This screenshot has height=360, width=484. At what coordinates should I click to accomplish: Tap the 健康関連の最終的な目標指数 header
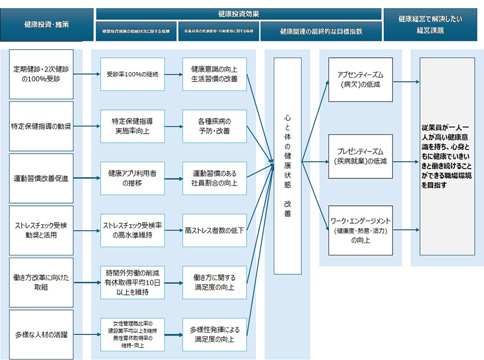pyautogui.click(x=321, y=32)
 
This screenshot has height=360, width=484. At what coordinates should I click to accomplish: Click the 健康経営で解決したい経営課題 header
pyautogui.click(x=430, y=24)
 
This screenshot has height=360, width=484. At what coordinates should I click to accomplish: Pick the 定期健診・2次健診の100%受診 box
pyautogui.click(x=41, y=74)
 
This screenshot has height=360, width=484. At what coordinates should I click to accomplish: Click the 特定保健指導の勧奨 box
pyautogui.click(x=41, y=126)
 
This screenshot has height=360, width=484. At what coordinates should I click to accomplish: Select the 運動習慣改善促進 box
pyautogui.click(x=41, y=178)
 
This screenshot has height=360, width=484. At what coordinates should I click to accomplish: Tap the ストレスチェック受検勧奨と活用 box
pyautogui.click(x=41, y=230)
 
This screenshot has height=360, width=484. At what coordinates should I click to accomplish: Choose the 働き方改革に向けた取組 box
pyautogui.click(x=41, y=282)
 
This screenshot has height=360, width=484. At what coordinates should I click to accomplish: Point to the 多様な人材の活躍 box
pyautogui.click(x=41, y=334)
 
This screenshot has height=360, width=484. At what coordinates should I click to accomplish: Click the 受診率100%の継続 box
pyautogui.click(x=132, y=74)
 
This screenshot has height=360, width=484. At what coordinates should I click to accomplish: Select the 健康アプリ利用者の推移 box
pyautogui.click(x=132, y=178)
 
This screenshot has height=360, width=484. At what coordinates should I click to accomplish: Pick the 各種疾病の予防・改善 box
pyautogui.click(x=214, y=126)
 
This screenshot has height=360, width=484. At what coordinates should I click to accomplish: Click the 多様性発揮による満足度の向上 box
pyautogui.click(x=214, y=334)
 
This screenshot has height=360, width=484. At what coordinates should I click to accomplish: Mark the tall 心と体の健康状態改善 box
pyautogui.click(x=287, y=166)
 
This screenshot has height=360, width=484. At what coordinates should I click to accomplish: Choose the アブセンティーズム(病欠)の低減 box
pyautogui.click(x=361, y=80)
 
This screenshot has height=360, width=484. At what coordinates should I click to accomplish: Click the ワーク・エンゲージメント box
pyautogui.click(x=361, y=230)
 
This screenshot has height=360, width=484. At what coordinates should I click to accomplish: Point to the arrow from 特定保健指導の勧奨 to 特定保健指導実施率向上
pyautogui.click(x=87, y=127)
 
